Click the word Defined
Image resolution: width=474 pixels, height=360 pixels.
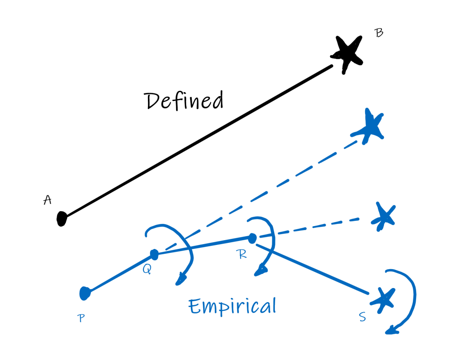[x=184, y=101]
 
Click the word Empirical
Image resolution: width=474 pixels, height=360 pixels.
[x=232, y=306]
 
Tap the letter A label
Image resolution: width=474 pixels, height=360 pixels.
[x=47, y=200]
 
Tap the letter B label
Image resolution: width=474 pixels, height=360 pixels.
[x=379, y=33]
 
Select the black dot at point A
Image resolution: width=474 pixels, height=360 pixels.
[x=62, y=218]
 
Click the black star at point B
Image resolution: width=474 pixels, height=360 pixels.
[x=348, y=53]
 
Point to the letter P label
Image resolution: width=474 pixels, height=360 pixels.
[x=81, y=318]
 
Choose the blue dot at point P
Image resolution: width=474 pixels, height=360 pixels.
[x=85, y=292]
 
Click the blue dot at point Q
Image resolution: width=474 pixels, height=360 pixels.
[x=154, y=254]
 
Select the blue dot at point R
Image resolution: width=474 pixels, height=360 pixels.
[x=252, y=238]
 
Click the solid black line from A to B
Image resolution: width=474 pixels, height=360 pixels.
[x=197, y=141]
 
